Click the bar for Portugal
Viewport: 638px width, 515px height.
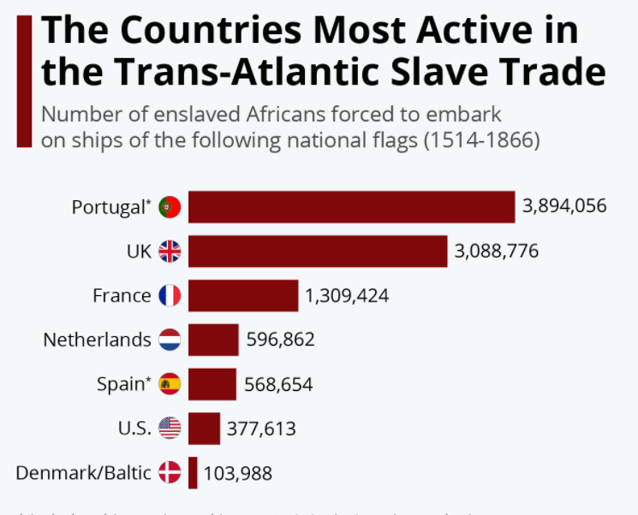point(351,207)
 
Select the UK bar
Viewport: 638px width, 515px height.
point(318,252)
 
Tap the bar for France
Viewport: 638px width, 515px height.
point(243,296)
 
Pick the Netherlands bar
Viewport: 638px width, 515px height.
point(213,340)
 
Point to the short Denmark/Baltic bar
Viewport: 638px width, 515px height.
point(194,472)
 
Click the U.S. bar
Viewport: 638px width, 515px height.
point(204,428)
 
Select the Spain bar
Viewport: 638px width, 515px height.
point(212,384)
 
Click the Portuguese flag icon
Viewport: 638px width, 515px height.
point(170,207)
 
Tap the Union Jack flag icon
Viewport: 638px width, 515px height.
point(170,252)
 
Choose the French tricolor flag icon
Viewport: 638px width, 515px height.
point(170,296)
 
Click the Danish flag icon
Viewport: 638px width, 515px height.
point(170,472)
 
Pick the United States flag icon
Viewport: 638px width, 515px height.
point(170,428)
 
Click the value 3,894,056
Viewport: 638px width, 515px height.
point(564,206)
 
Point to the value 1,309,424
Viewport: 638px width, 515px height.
point(347,296)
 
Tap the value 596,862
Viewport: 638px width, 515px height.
point(280,340)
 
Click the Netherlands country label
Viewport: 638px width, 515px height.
point(97,340)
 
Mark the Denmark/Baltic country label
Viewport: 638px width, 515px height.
point(83,472)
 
